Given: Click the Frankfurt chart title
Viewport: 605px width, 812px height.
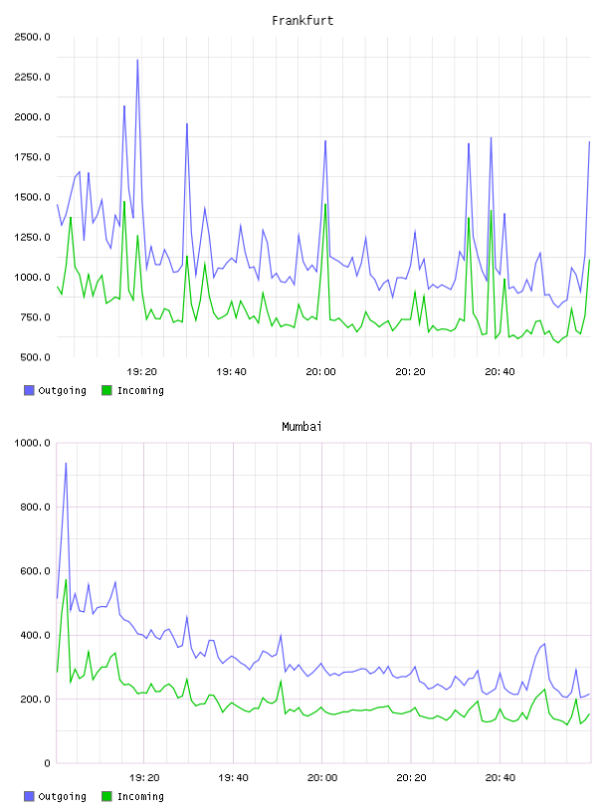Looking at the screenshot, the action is click(302, 21).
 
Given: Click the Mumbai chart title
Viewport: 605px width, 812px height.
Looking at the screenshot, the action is click(302, 427).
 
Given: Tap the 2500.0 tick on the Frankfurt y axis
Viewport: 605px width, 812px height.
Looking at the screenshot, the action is click(33, 37).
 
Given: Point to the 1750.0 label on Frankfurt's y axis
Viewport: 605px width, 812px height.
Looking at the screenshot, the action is click(33, 157).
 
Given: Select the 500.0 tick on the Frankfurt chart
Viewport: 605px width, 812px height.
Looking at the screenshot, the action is click(35, 357).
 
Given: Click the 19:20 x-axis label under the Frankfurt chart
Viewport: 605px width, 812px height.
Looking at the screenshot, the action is click(141, 372).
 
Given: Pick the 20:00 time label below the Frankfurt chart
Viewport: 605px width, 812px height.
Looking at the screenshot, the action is click(320, 372).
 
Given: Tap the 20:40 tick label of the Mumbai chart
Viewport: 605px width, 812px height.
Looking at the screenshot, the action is click(501, 778).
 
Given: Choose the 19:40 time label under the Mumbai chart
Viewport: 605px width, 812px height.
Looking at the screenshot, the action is click(233, 778).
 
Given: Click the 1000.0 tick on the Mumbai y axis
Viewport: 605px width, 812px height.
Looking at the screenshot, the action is click(33, 443).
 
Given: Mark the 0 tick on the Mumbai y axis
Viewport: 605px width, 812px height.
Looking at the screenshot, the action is click(47, 763).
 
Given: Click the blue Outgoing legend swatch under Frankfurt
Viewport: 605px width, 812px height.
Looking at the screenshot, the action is click(29, 390).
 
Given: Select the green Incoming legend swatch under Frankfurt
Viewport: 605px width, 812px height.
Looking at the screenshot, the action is click(106, 390).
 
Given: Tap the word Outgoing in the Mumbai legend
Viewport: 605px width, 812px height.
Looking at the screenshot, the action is click(62, 797).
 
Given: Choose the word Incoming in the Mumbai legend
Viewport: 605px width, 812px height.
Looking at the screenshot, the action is click(140, 797).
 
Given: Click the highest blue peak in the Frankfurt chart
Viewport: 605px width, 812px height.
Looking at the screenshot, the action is click(137, 60).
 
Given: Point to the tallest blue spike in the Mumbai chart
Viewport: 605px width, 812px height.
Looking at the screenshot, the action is click(66, 464).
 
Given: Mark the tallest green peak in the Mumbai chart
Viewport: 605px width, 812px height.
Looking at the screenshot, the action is click(66, 580).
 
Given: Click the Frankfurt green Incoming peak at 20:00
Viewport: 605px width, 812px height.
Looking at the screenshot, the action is click(325, 205).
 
